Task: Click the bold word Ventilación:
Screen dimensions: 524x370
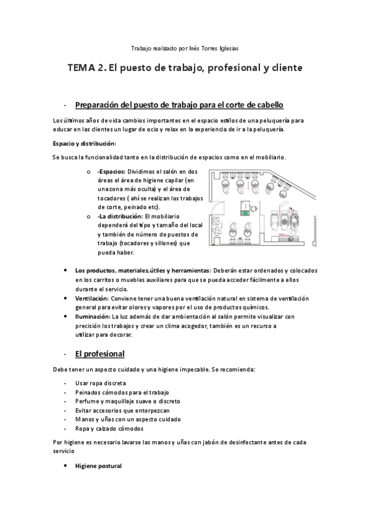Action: point(92,298)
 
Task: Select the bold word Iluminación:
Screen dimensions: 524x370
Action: point(92,316)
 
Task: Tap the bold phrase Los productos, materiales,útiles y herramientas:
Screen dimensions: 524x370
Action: point(142,271)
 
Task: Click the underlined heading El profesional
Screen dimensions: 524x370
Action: point(99,353)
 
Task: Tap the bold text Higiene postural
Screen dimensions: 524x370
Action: point(98,465)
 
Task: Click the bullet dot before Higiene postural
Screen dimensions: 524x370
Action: point(66,465)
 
